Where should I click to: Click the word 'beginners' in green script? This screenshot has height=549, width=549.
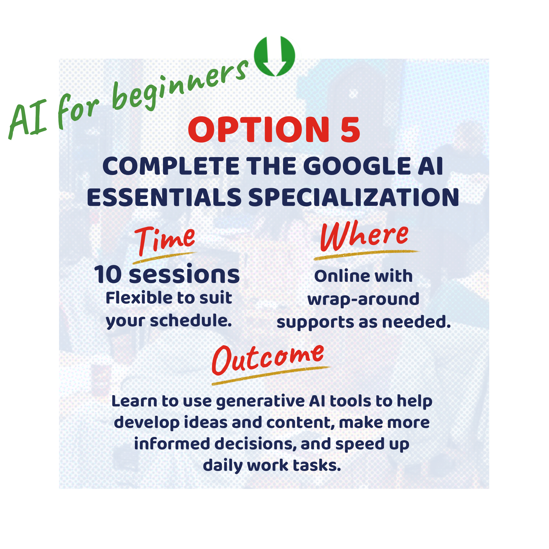click(179, 85)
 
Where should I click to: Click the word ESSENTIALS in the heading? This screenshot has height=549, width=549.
click(164, 198)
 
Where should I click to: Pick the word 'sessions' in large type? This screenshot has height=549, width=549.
click(184, 275)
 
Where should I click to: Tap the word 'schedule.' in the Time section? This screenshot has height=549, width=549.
click(191, 321)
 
